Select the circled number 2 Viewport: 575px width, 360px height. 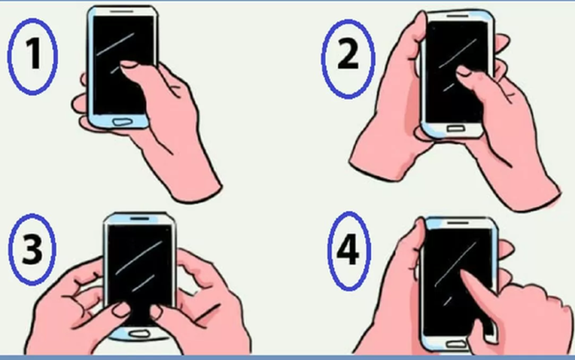(348, 57)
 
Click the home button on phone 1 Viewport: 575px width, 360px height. (122, 121)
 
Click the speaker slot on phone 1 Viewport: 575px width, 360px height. (124, 13)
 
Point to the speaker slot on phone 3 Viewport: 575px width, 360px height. (141, 218)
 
